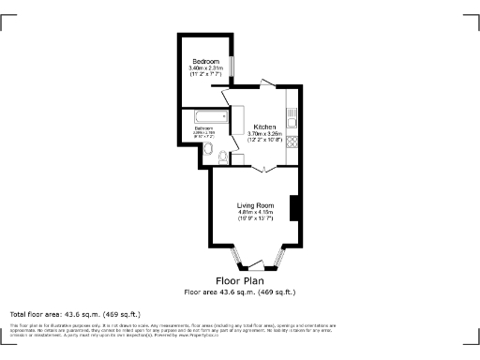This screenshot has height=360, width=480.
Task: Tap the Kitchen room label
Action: pos(264,127)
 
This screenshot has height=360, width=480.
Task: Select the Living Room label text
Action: pos(254,205)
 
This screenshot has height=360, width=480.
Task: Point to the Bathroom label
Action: pos(204,128)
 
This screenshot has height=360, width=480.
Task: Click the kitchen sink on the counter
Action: pos(292,119)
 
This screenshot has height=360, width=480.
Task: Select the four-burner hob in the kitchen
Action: pos(292,142)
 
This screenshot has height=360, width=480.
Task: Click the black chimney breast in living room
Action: pos(294,208)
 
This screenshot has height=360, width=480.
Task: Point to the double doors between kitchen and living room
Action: pos(265,169)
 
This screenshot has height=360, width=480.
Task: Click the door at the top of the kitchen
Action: pos(267,86)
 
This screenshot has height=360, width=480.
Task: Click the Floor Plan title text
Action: pos(240,280)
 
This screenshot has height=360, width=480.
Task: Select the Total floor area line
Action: pos(75,313)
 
